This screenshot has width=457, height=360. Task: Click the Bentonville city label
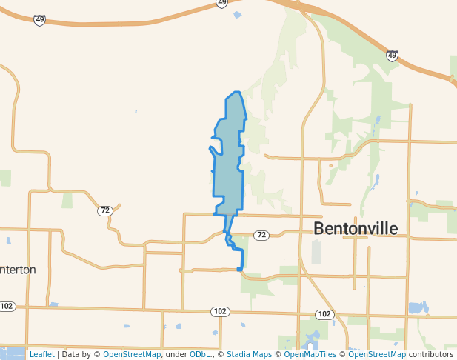tap(356, 228)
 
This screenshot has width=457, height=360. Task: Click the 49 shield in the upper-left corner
tap(39, 20)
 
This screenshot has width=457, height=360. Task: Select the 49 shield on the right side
tap(392, 56)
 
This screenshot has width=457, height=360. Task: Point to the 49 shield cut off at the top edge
tap(222, 4)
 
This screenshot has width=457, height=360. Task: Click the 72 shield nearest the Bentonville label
tap(261, 235)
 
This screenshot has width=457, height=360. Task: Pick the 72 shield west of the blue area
tap(105, 210)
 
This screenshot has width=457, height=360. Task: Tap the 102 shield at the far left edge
tap(7, 306)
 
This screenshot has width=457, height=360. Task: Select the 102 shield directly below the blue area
tap(219, 311)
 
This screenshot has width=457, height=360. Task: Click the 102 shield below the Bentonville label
tap(324, 314)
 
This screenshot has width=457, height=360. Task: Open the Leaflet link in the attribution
tap(41, 354)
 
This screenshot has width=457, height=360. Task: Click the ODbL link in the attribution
tap(199, 354)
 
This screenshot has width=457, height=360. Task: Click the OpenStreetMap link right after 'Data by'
tap(132, 354)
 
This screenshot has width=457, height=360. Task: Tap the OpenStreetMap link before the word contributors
tap(377, 354)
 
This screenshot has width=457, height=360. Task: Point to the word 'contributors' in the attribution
tap(431, 354)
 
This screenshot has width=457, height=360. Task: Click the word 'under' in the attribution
tap(176, 354)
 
